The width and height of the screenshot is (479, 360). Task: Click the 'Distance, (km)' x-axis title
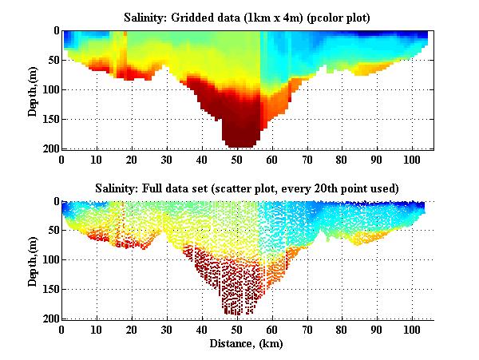click(247, 344)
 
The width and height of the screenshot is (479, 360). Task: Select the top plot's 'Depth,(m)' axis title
click(33, 89)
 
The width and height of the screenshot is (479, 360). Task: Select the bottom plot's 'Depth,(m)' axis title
click(33, 260)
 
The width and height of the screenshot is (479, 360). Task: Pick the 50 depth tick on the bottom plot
click(52, 231)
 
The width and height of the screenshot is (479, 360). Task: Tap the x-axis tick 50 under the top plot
click(237, 158)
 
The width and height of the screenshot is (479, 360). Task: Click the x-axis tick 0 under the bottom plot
click(62, 329)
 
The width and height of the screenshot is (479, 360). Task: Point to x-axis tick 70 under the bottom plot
click(307, 329)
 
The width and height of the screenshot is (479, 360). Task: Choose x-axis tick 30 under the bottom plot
click(167, 329)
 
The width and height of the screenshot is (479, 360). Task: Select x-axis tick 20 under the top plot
click(132, 158)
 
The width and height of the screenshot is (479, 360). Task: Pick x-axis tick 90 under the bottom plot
click(378, 329)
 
